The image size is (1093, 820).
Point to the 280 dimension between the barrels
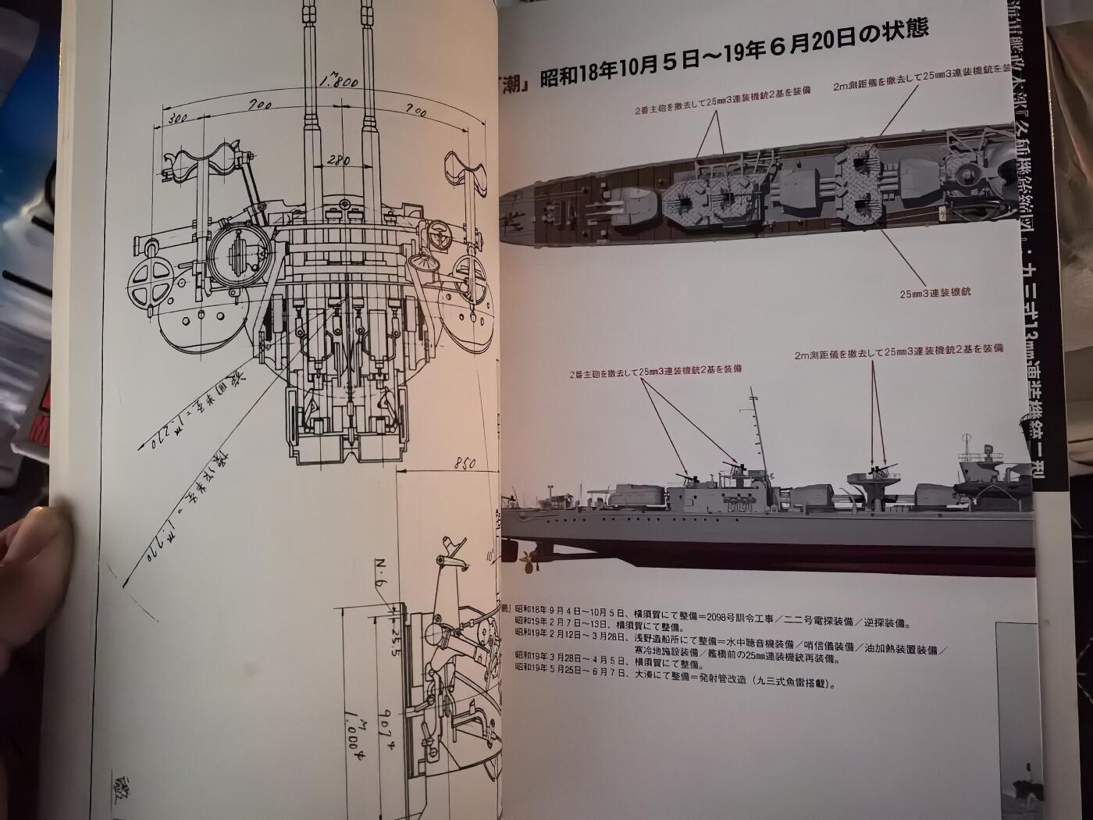tap(338, 160)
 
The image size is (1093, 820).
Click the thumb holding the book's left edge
tap(35, 539)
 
